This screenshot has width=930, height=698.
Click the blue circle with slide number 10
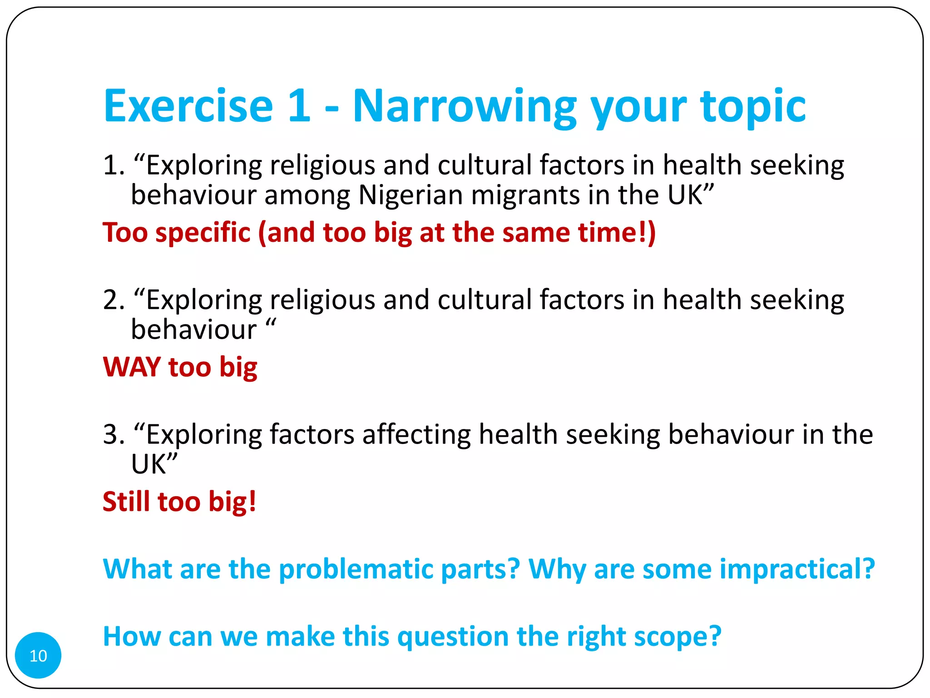(x=38, y=655)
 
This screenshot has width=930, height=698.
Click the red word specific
(x=203, y=233)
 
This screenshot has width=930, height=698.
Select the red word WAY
(x=132, y=367)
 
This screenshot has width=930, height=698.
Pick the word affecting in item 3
(x=416, y=434)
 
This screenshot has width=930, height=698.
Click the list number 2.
(x=113, y=300)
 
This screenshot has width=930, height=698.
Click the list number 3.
(x=113, y=434)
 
